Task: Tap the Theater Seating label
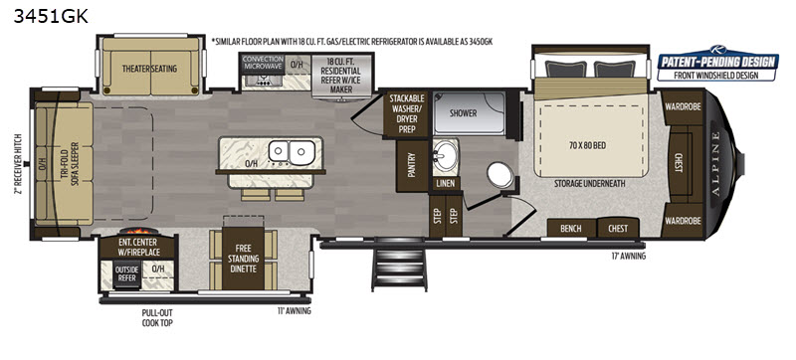pyautogui.click(x=149, y=69)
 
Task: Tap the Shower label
pyautogui.click(x=464, y=112)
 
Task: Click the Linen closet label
pyautogui.click(x=445, y=184)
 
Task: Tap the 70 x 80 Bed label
pyautogui.click(x=588, y=145)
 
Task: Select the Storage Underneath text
pyautogui.click(x=589, y=184)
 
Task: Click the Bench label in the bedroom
pyautogui.click(x=571, y=228)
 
